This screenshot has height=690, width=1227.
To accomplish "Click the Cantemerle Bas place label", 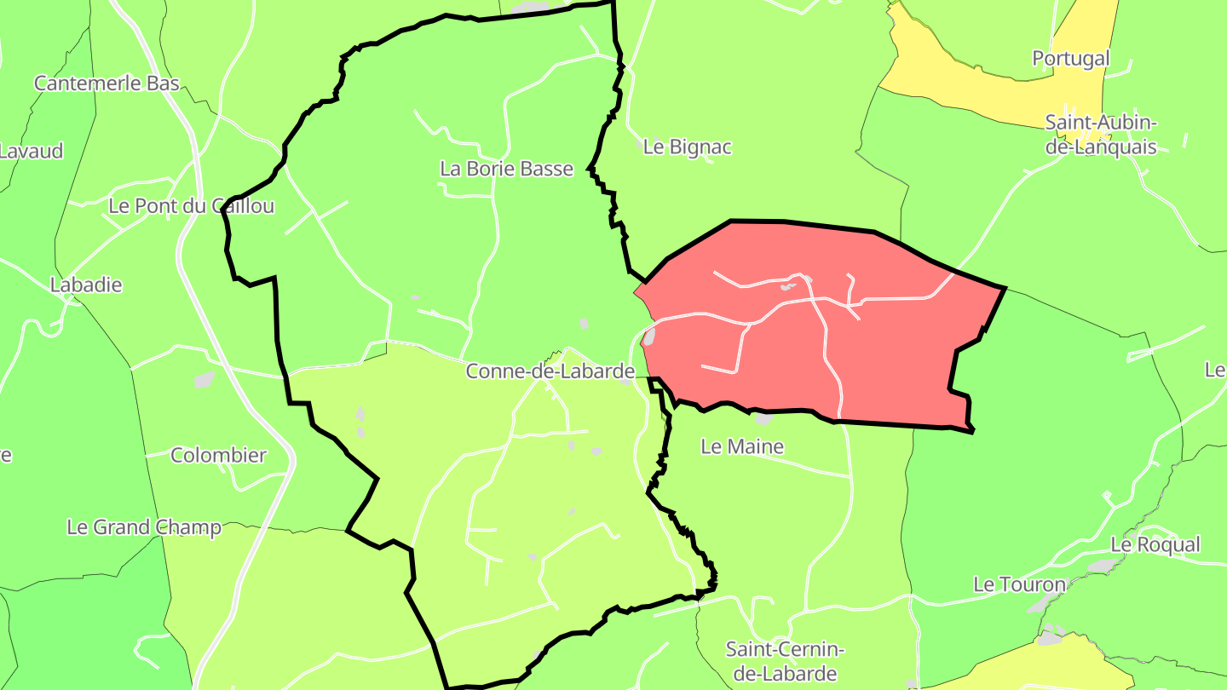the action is (x=107, y=83).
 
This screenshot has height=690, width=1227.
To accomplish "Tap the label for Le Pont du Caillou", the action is (x=192, y=206).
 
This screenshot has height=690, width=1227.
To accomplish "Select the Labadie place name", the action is (x=86, y=285).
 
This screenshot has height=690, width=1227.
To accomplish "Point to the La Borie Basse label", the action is (x=506, y=169).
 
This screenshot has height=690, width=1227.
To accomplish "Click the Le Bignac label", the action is (x=687, y=147).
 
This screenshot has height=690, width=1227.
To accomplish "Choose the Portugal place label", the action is (x=1071, y=58).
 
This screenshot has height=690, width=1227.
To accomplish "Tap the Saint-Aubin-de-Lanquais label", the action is (x=1101, y=135).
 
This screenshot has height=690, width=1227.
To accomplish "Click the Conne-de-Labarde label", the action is (x=550, y=371).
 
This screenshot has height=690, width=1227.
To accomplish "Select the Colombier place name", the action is (x=218, y=455).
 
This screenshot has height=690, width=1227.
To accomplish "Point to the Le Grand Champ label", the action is (x=143, y=527).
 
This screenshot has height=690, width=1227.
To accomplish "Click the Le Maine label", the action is (x=741, y=446).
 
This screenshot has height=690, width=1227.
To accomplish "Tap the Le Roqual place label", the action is (x=1155, y=543).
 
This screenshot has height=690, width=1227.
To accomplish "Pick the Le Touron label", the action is (x=1019, y=584).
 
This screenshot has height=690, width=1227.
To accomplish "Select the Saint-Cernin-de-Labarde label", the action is (x=785, y=661).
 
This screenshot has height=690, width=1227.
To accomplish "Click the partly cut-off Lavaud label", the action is (x=32, y=151).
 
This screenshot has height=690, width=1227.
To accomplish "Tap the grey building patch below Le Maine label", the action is (x=763, y=419).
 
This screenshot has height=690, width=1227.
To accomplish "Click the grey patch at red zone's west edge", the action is (x=648, y=337).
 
